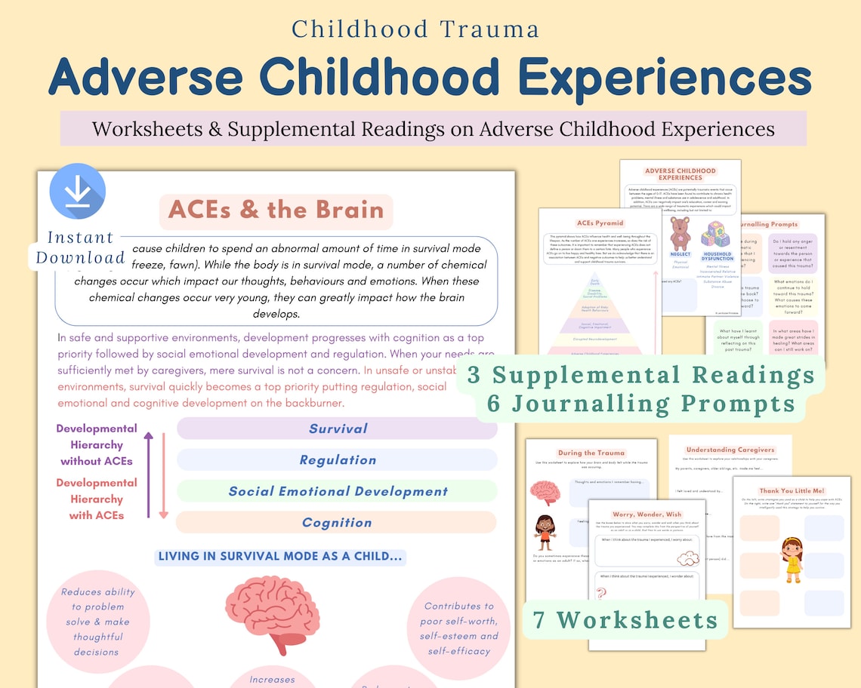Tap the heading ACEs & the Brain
(276, 210)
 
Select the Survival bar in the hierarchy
(337, 428)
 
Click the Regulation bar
(337, 460)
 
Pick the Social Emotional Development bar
(337, 491)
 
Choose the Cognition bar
(337, 522)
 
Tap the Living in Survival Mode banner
(280, 557)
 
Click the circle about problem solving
(97, 622)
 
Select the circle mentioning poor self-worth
(458, 628)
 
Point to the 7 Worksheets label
(625, 619)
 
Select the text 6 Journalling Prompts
(640, 403)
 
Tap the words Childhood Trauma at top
(415, 29)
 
